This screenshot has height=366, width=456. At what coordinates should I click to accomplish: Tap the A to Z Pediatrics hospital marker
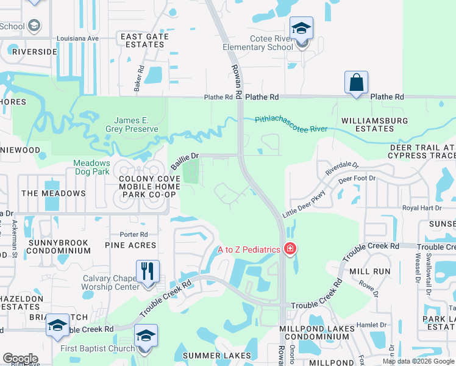pos(291,249)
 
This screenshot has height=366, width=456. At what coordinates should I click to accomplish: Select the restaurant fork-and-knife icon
pos(148,271)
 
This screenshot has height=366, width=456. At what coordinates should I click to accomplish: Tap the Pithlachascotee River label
pos(291,124)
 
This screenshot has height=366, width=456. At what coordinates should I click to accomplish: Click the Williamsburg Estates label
pos(374,124)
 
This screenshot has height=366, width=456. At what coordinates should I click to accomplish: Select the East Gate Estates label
pos(144,40)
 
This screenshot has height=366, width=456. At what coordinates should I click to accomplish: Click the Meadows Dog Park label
pos(91,167)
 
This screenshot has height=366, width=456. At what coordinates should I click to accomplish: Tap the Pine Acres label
pos(130,245)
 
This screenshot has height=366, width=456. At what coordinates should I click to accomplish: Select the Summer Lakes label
pos(217,356)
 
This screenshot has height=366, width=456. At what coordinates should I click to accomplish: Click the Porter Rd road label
pos(134,234)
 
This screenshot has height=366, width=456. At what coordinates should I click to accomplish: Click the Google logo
pos(20,359)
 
